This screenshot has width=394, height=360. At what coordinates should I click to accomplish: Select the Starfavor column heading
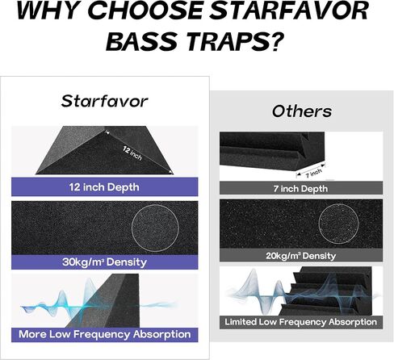point(107,101)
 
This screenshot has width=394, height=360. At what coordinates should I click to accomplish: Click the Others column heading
point(301,111)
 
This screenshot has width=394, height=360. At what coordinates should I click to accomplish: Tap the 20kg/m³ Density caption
point(301,256)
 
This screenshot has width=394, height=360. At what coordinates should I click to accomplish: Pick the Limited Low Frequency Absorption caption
point(301,322)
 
